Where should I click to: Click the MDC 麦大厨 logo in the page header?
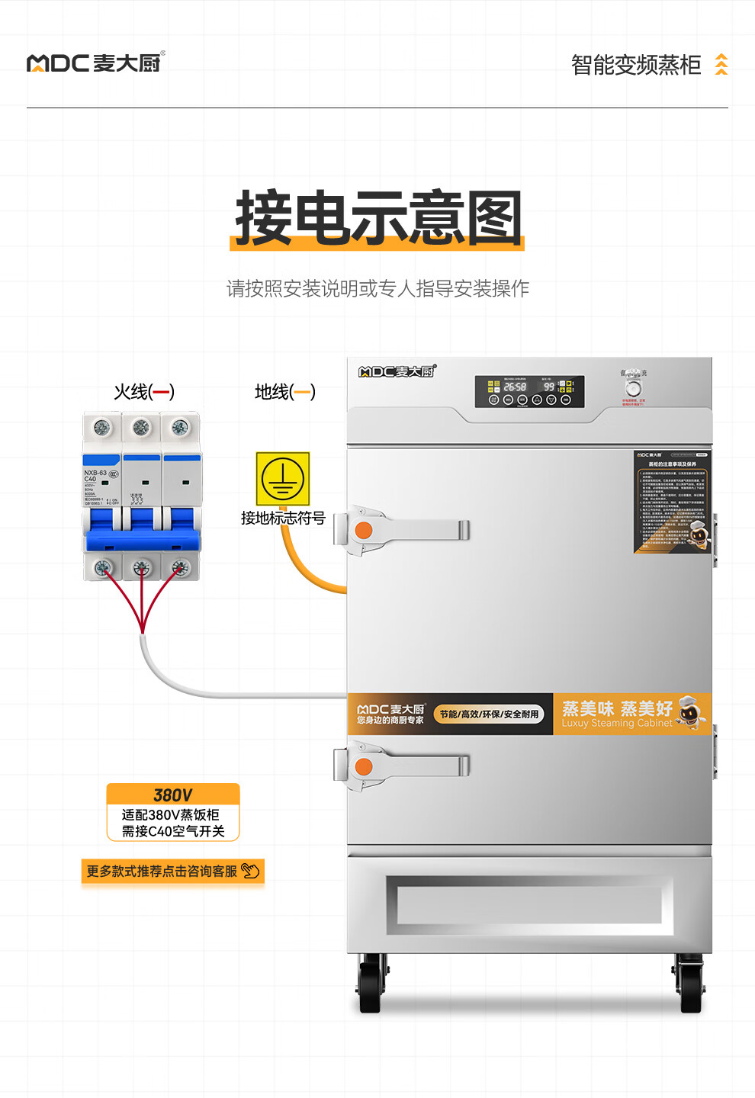[95, 63]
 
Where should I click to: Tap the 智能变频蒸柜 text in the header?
[635, 65]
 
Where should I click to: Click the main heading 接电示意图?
[378, 219]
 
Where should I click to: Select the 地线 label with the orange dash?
[284, 392]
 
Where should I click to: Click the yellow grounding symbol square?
[283, 479]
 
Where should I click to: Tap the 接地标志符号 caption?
[283, 518]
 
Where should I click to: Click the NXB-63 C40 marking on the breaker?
[95, 476]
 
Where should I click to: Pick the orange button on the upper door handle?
[364, 530]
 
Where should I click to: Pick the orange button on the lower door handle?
[364, 766]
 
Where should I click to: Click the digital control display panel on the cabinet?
[529, 391]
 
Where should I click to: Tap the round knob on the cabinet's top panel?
[633, 387]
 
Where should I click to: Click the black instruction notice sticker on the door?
[672, 501]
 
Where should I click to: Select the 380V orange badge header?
[173, 795]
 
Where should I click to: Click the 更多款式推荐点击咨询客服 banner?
[172, 872]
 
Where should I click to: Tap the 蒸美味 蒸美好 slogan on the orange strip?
[617, 709]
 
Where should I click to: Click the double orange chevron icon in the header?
[721, 65]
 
